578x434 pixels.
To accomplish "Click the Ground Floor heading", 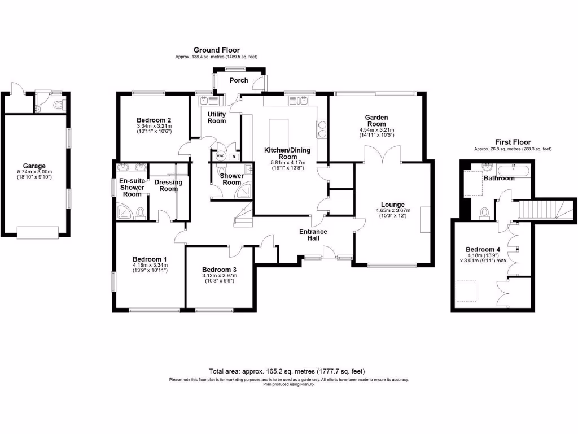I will pos(217,50).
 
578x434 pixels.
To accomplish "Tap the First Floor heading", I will pos(513,142).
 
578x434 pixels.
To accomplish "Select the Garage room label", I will pos(34,166).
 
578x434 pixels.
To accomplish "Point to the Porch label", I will pos(239,80).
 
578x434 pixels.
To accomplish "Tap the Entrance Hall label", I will pos(314,235).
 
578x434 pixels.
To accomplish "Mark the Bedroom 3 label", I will pos(219,269).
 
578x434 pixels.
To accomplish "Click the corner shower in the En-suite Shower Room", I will pos(122,211).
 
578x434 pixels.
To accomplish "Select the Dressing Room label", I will pos(168,185).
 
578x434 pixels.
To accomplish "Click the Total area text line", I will pos(287,371).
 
